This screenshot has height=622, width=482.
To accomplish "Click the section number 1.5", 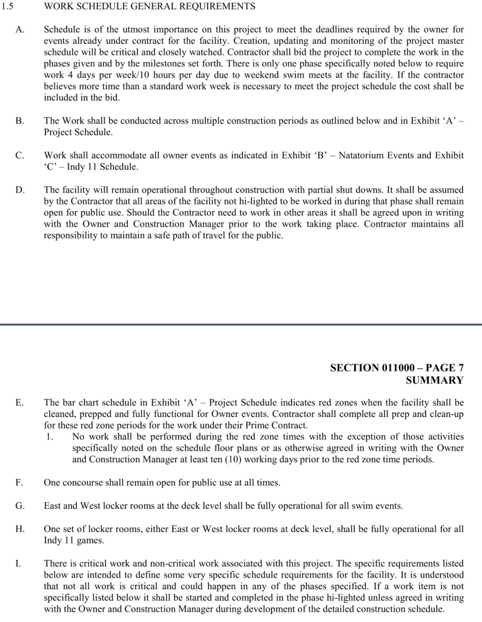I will pyautogui.click(x=7, y=6).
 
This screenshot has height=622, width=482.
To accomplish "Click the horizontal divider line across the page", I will pyautogui.click(x=241, y=325).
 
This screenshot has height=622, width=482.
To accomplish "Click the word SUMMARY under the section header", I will pyautogui.click(x=434, y=381).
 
